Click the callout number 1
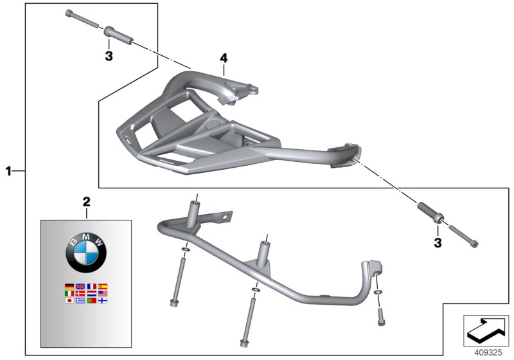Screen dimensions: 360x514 pyautogui.click(x=8, y=171)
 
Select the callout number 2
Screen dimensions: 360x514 pyautogui.click(x=87, y=202)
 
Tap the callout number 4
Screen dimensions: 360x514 pyautogui.click(x=224, y=59)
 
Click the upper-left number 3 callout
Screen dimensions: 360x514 pyautogui.click(x=109, y=57)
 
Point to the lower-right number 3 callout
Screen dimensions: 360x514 pyautogui.click(x=438, y=242)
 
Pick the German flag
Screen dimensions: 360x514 pyautogui.click(x=69, y=286)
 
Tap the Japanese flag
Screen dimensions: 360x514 pyautogui.click(x=69, y=300)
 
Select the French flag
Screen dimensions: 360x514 pyautogui.click(x=91, y=286)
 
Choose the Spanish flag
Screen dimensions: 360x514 pyautogui.click(x=102, y=286)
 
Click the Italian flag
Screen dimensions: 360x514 pyautogui.click(x=69, y=293)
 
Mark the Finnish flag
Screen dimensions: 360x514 pyautogui.click(x=102, y=300)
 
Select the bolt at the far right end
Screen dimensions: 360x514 pyautogui.click(x=463, y=236)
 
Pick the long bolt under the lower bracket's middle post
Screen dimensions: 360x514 pyautogui.click(x=246, y=321)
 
